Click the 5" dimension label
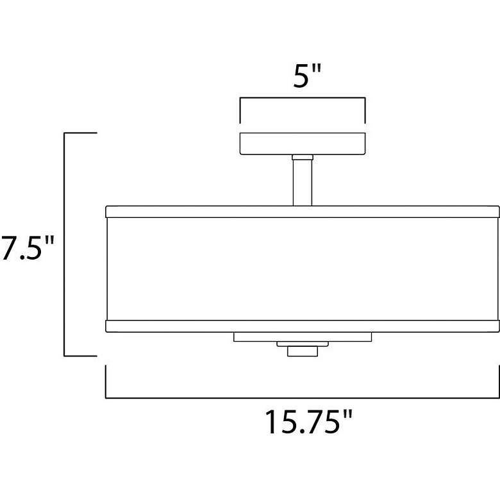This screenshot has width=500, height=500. click(x=307, y=76)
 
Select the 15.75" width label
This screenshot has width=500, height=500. click(x=309, y=422)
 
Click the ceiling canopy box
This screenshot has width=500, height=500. click(x=303, y=144)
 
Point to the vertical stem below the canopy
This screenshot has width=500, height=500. click(x=303, y=183)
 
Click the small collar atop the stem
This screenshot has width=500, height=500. click(x=303, y=157)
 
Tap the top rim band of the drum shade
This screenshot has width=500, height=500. click(x=303, y=212)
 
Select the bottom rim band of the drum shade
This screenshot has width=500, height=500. click(x=303, y=326)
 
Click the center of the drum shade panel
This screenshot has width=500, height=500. click(x=303, y=269)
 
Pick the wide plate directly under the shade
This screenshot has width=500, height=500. click(x=303, y=337)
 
